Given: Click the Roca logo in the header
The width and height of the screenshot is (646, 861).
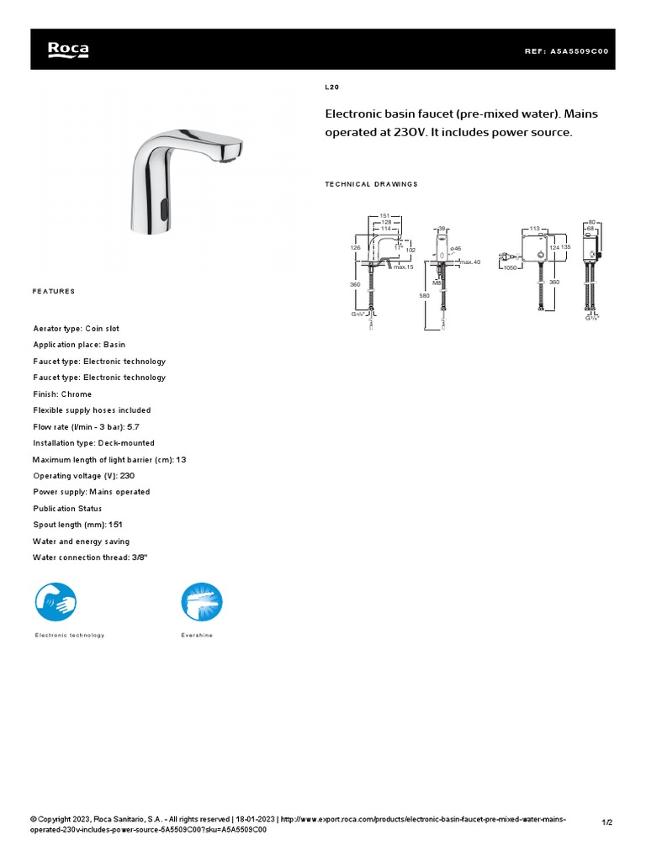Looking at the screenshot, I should pos(68,50).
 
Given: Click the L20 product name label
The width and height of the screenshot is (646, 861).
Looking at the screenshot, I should pos(331,87).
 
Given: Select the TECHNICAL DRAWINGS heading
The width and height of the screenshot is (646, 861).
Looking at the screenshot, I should pos(371,184).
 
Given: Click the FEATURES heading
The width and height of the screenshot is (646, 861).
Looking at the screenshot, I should pos(54,291).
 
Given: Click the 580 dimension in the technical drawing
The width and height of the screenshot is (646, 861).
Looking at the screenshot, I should pos(424,295).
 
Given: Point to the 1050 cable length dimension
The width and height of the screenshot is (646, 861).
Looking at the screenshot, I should pos(510,267).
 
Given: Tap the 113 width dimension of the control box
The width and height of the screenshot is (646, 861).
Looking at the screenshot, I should pos(534,228).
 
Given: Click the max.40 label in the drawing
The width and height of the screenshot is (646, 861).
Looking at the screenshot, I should pos(470,262).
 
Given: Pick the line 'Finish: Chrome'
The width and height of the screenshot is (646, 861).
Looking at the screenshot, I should pos(62,394).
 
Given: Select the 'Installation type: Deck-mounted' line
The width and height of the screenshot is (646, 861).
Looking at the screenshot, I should pos(93,443).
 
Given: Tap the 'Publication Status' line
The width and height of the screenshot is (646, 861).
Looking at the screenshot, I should pos(67,509).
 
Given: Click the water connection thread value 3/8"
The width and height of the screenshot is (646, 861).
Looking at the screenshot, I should pos(142,557).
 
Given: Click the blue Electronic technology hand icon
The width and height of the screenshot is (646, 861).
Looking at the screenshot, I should pos(56,602).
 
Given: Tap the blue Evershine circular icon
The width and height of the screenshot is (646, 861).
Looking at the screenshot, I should pos(202,602).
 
